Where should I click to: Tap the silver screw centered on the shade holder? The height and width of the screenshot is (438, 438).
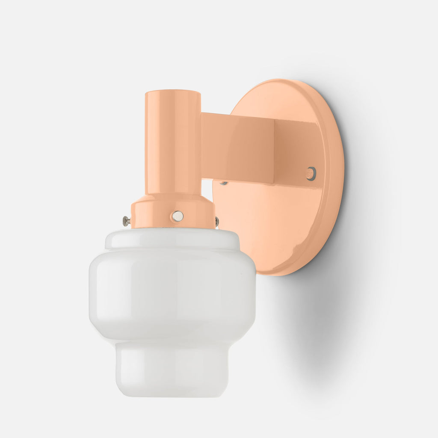tap(177, 216)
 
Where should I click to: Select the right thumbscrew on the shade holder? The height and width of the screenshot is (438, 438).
tap(217, 221)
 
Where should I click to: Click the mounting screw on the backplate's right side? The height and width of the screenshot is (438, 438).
tap(311, 173)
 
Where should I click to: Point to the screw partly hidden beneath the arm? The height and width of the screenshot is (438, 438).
tap(223, 183)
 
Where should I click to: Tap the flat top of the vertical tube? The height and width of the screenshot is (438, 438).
tap(173, 92)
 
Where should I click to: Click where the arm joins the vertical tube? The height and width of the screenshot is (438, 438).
tap(202, 145)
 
